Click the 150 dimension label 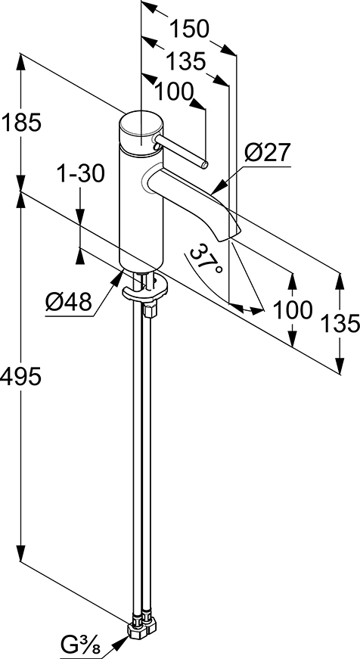[188, 30]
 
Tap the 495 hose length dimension [21, 376]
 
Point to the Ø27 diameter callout [268, 153]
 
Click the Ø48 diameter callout [69, 301]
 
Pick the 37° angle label [204, 260]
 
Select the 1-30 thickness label [79, 173]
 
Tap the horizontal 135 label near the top [185, 62]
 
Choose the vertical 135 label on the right [340, 324]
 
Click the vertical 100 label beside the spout [293, 310]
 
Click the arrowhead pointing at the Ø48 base [116, 278]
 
